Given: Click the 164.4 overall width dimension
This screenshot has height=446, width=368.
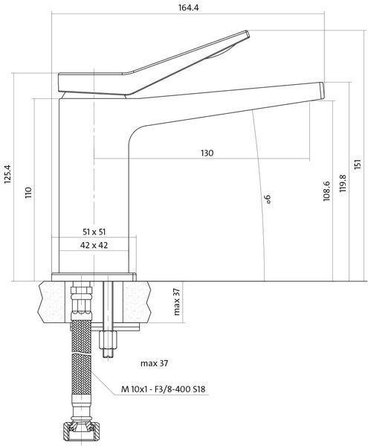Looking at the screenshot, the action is [x=188, y=7].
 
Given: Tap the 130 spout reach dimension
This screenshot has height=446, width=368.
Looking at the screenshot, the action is [x=207, y=153].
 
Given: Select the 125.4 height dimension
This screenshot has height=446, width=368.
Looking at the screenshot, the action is [x=7, y=174].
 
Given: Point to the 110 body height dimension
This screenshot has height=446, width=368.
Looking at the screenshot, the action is [x=28, y=193].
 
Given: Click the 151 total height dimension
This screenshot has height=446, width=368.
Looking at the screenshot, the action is [x=358, y=163].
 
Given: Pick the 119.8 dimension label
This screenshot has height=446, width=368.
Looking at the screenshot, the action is [x=343, y=183].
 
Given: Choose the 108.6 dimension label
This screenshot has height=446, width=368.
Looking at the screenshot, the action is [x=326, y=191].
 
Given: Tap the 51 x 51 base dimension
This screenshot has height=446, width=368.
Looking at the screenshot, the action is [x=94, y=232].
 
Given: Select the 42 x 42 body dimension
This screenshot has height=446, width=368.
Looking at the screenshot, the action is [x=94, y=245].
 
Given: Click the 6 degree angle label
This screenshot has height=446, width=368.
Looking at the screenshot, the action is [x=268, y=199].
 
